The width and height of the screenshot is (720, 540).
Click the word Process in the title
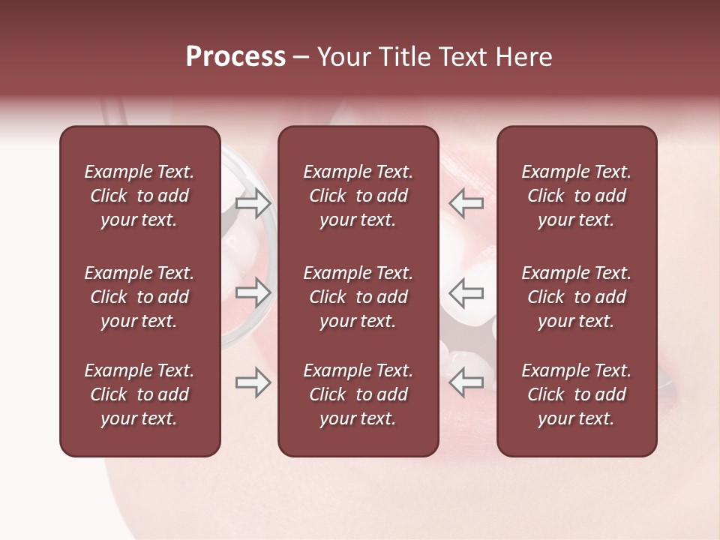tap(235, 57)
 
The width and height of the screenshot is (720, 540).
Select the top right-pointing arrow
tap(253, 202)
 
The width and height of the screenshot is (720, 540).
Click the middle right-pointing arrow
tap(253, 292)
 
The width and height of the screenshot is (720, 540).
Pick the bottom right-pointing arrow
tap(253, 383)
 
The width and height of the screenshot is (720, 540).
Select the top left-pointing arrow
tap(466, 202)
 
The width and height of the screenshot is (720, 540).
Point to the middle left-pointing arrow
tap(466, 292)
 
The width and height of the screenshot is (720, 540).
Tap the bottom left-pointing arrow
tap(466, 383)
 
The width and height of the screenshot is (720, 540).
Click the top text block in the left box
tap(139, 196)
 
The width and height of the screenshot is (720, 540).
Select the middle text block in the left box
tap(139, 297)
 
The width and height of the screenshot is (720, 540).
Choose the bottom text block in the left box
tap(139, 394)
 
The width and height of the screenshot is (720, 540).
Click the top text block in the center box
tap(358, 196)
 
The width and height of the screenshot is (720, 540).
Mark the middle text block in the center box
tap(358, 297)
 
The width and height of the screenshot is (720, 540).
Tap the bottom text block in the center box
tap(358, 394)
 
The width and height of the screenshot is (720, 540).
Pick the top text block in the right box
tap(576, 196)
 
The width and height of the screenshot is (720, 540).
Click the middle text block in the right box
tap(576, 297)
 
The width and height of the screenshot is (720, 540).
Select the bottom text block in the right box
tap(576, 394)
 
